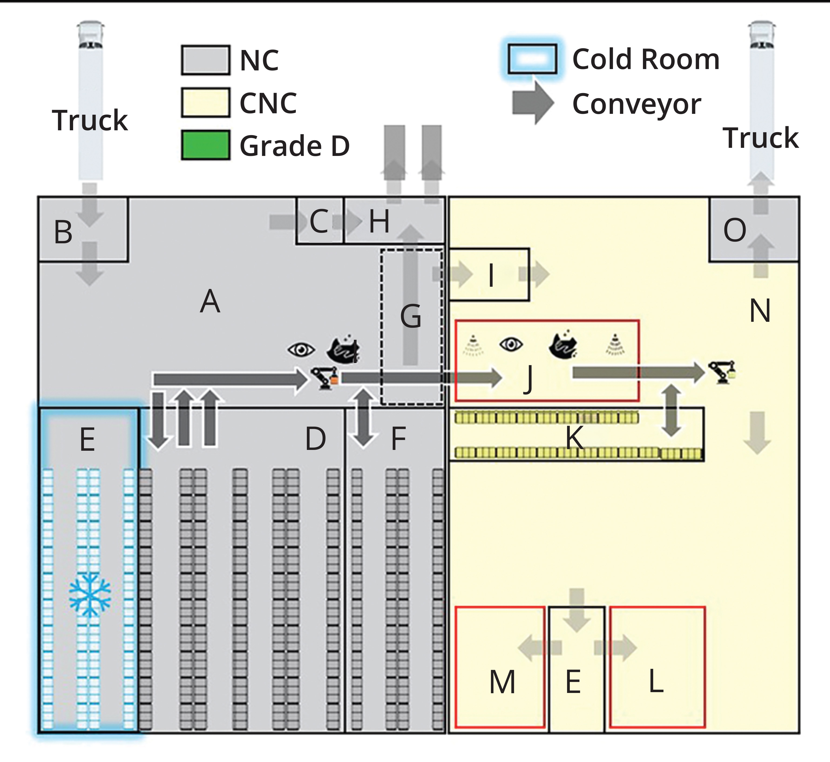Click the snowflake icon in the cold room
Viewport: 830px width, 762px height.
[x=90, y=594]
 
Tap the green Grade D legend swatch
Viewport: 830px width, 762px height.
[x=205, y=145]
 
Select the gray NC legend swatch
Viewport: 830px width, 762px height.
[x=205, y=60]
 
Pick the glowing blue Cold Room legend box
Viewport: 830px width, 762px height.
[x=532, y=59]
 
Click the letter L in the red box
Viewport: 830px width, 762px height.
[x=656, y=681]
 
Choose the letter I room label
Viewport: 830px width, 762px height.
[x=491, y=275]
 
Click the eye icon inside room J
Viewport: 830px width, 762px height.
[x=511, y=344]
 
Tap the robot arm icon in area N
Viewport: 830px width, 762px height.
[x=722, y=372]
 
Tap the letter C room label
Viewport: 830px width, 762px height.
[x=319, y=221]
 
